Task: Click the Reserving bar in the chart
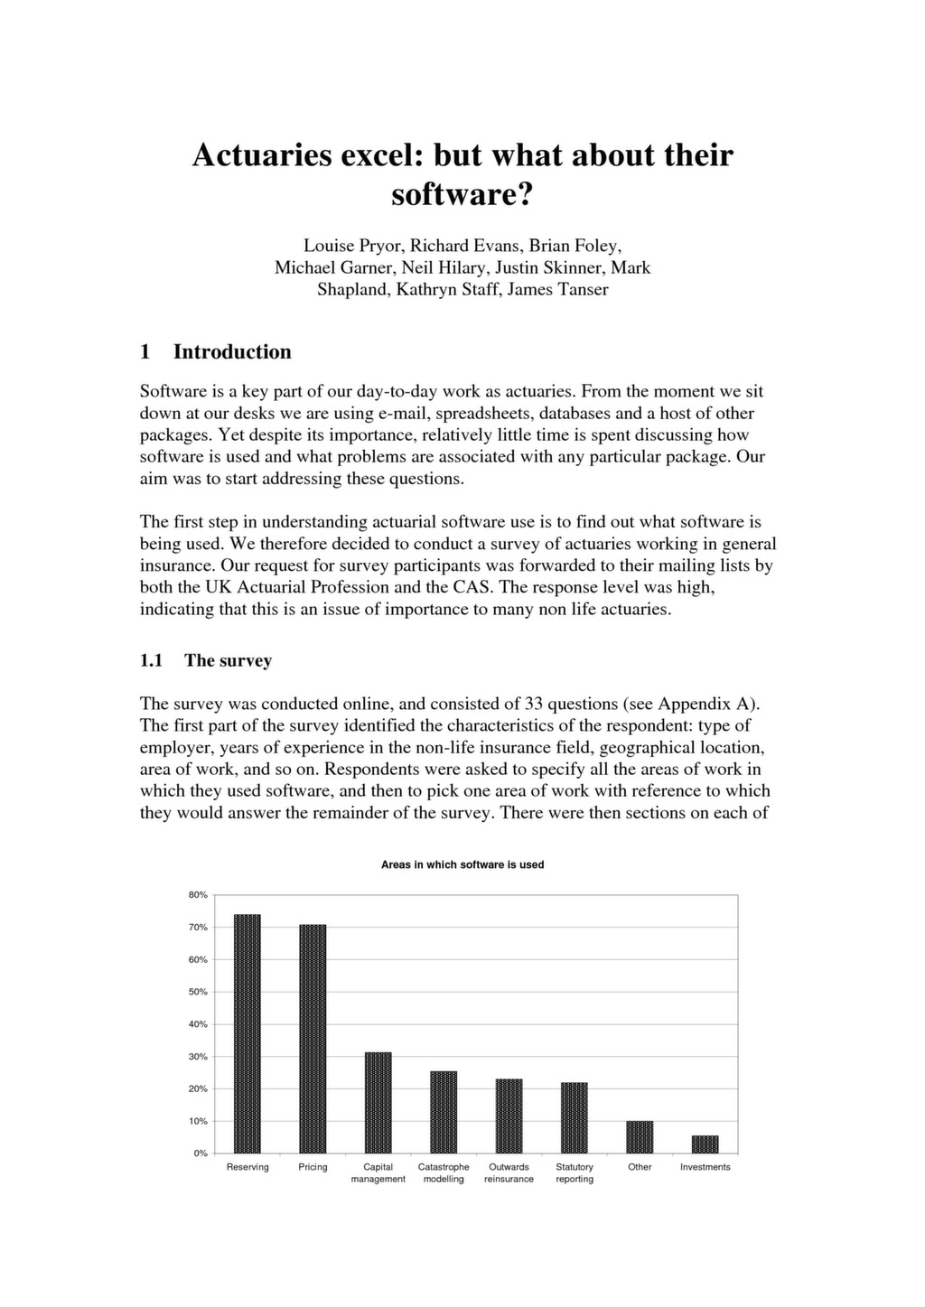coord(247,1033)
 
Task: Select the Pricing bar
coord(313,1039)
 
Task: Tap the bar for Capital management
coord(378,1102)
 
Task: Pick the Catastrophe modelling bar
coord(444,1112)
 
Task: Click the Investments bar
coord(705,1144)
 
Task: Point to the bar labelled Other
coord(640,1136)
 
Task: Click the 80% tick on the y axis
coord(198,895)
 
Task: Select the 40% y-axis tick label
coord(198,1024)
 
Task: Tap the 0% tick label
coord(201,1153)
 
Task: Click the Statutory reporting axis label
coord(575,1172)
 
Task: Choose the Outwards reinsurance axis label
coord(509,1172)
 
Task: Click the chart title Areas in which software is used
coord(462,864)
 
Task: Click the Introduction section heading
coord(232,351)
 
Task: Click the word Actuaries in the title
coord(263,155)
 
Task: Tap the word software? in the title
coord(462,194)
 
